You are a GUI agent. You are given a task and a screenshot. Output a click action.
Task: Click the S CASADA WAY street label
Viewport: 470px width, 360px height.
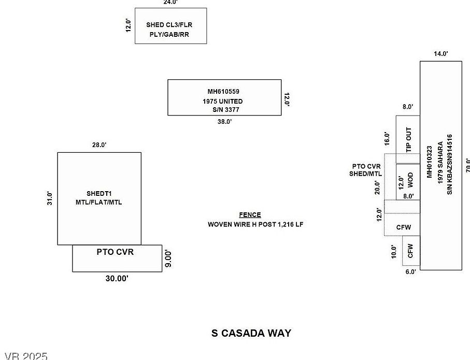click(251, 333)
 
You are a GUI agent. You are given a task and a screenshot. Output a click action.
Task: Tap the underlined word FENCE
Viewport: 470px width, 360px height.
click(250, 215)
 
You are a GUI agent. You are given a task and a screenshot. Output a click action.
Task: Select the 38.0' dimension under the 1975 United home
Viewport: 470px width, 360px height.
click(224, 122)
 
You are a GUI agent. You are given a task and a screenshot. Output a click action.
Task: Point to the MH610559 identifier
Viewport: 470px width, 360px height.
click(223, 92)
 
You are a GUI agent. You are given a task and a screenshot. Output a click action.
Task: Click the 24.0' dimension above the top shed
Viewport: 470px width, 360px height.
click(170, 3)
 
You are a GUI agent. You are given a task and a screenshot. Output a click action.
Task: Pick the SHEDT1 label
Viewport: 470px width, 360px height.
click(99, 194)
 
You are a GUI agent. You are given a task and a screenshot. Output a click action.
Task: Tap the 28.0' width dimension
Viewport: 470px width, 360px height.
click(99, 145)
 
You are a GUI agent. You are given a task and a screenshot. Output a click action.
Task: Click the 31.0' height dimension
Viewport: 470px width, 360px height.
click(50, 198)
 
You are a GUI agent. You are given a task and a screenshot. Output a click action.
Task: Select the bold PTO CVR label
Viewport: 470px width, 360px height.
click(115, 252)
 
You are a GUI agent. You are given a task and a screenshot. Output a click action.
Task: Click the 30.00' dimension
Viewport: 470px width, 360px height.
click(117, 279)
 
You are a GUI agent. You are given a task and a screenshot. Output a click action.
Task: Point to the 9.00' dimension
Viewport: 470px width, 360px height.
click(168, 258)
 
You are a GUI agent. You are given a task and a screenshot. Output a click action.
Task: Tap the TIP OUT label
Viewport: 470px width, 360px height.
click(409, 139)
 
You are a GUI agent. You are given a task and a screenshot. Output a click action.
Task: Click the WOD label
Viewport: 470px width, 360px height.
click(410, 180)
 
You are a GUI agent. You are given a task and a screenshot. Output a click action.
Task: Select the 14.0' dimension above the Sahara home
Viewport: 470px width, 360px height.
click(440, 54)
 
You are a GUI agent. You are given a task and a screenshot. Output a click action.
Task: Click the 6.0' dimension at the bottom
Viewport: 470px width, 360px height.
click(410, 271)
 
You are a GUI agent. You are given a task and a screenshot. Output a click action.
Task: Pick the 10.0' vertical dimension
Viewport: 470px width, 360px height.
click(394, 252)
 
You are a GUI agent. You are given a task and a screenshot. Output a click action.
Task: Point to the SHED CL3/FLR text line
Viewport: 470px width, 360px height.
click(169, 24)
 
